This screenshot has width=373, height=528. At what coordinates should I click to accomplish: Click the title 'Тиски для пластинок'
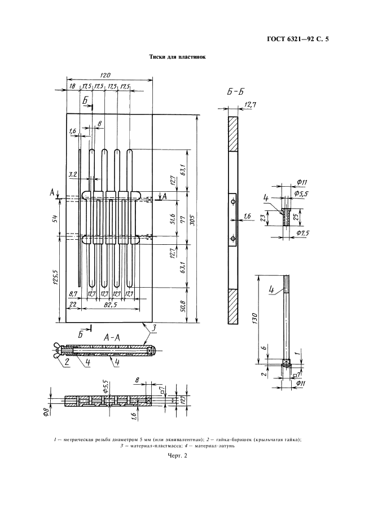(177, 57)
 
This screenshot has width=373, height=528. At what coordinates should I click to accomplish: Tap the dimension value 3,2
(72, 175)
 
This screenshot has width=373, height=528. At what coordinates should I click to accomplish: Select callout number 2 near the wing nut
(67, 361)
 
